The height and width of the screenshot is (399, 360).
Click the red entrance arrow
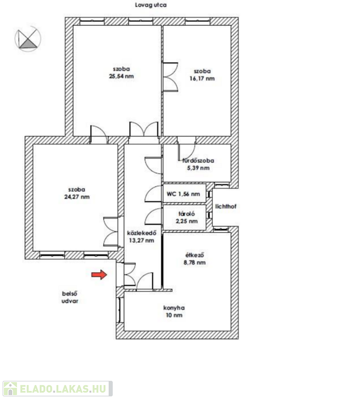99,274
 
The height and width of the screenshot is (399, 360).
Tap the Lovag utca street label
151,5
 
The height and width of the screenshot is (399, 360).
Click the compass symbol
28,38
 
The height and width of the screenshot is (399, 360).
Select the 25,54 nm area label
122,76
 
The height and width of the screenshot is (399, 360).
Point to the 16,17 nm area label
202,78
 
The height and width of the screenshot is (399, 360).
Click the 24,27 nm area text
77,197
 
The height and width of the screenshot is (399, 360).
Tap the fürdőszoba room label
198,161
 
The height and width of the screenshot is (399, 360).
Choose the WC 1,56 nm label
183,194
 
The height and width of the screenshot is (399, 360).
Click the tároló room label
186,214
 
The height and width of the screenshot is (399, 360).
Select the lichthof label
225,206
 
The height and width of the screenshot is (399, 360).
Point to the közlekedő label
142,233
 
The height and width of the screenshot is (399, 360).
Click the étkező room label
195,255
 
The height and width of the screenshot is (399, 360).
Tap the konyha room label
174,308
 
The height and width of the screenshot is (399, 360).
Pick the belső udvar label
70,297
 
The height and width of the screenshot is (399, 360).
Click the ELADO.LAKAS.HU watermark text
62,389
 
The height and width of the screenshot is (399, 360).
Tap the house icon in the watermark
10,389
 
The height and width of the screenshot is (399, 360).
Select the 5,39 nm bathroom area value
198,168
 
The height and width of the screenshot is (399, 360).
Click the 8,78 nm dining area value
195,262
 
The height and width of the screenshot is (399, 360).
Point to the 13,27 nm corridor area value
141,241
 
